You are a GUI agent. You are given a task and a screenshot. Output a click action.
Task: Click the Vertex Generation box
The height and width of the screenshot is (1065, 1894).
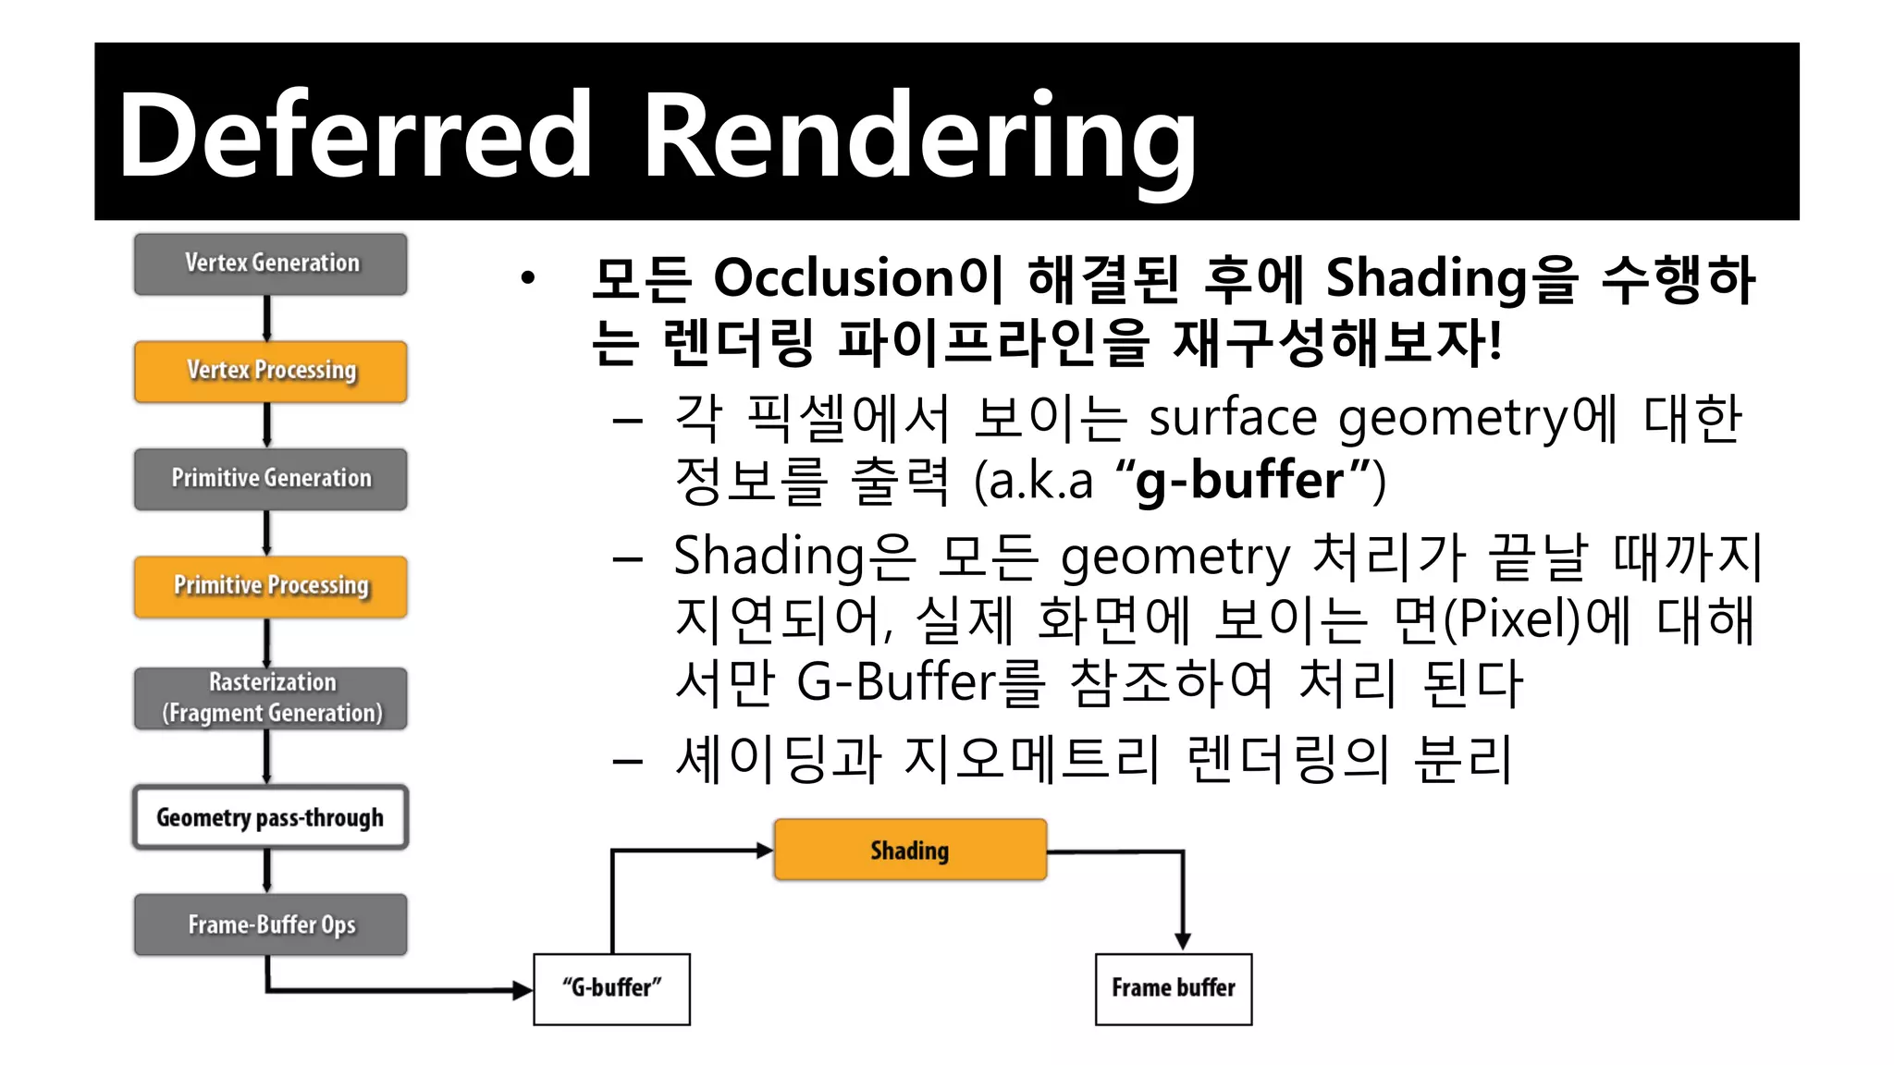click(x=270, y=263)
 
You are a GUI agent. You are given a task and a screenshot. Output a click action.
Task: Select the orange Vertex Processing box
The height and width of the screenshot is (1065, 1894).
click(x=270, y=371)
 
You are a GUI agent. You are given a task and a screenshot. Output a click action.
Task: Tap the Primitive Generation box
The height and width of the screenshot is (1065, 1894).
click(x=270, y=478)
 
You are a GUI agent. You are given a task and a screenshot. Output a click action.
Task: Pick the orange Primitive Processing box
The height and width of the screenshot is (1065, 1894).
click(x=270, y=586)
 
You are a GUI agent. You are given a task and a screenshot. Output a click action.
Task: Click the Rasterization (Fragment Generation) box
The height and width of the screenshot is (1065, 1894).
click(x=270, y=698)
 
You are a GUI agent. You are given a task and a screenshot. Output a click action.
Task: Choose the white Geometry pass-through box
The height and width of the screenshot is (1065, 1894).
click(x=270, y=817)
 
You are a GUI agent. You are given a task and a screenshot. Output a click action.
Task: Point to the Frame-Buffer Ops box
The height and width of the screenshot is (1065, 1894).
click(x=270, y=924)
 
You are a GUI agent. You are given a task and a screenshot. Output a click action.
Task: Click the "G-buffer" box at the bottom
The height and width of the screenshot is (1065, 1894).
click(x=611, y=988)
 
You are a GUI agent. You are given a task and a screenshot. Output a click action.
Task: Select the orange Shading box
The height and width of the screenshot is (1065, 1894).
click(x=910, y=850)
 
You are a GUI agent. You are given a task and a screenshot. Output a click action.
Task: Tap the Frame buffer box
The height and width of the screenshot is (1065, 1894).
click(x=1173, y=988)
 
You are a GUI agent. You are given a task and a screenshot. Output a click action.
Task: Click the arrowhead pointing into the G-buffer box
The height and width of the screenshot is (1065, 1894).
click(x=523, y=990)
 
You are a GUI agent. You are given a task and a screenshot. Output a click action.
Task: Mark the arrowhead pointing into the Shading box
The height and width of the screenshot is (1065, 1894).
click(x=765, y=851)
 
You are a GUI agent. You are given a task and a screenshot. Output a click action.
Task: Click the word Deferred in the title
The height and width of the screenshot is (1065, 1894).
click(x=355, y=135)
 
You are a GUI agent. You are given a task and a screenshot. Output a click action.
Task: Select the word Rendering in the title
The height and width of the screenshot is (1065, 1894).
click(x=919, y=139)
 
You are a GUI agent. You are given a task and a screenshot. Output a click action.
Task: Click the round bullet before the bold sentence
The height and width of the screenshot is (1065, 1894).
click(x=527, y=277)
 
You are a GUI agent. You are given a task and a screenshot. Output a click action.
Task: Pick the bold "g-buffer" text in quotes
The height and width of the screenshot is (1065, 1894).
click(x=1239, y=481)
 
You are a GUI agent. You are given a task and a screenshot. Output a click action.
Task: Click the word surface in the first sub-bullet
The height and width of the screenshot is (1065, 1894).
click(x=1233, y=418)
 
